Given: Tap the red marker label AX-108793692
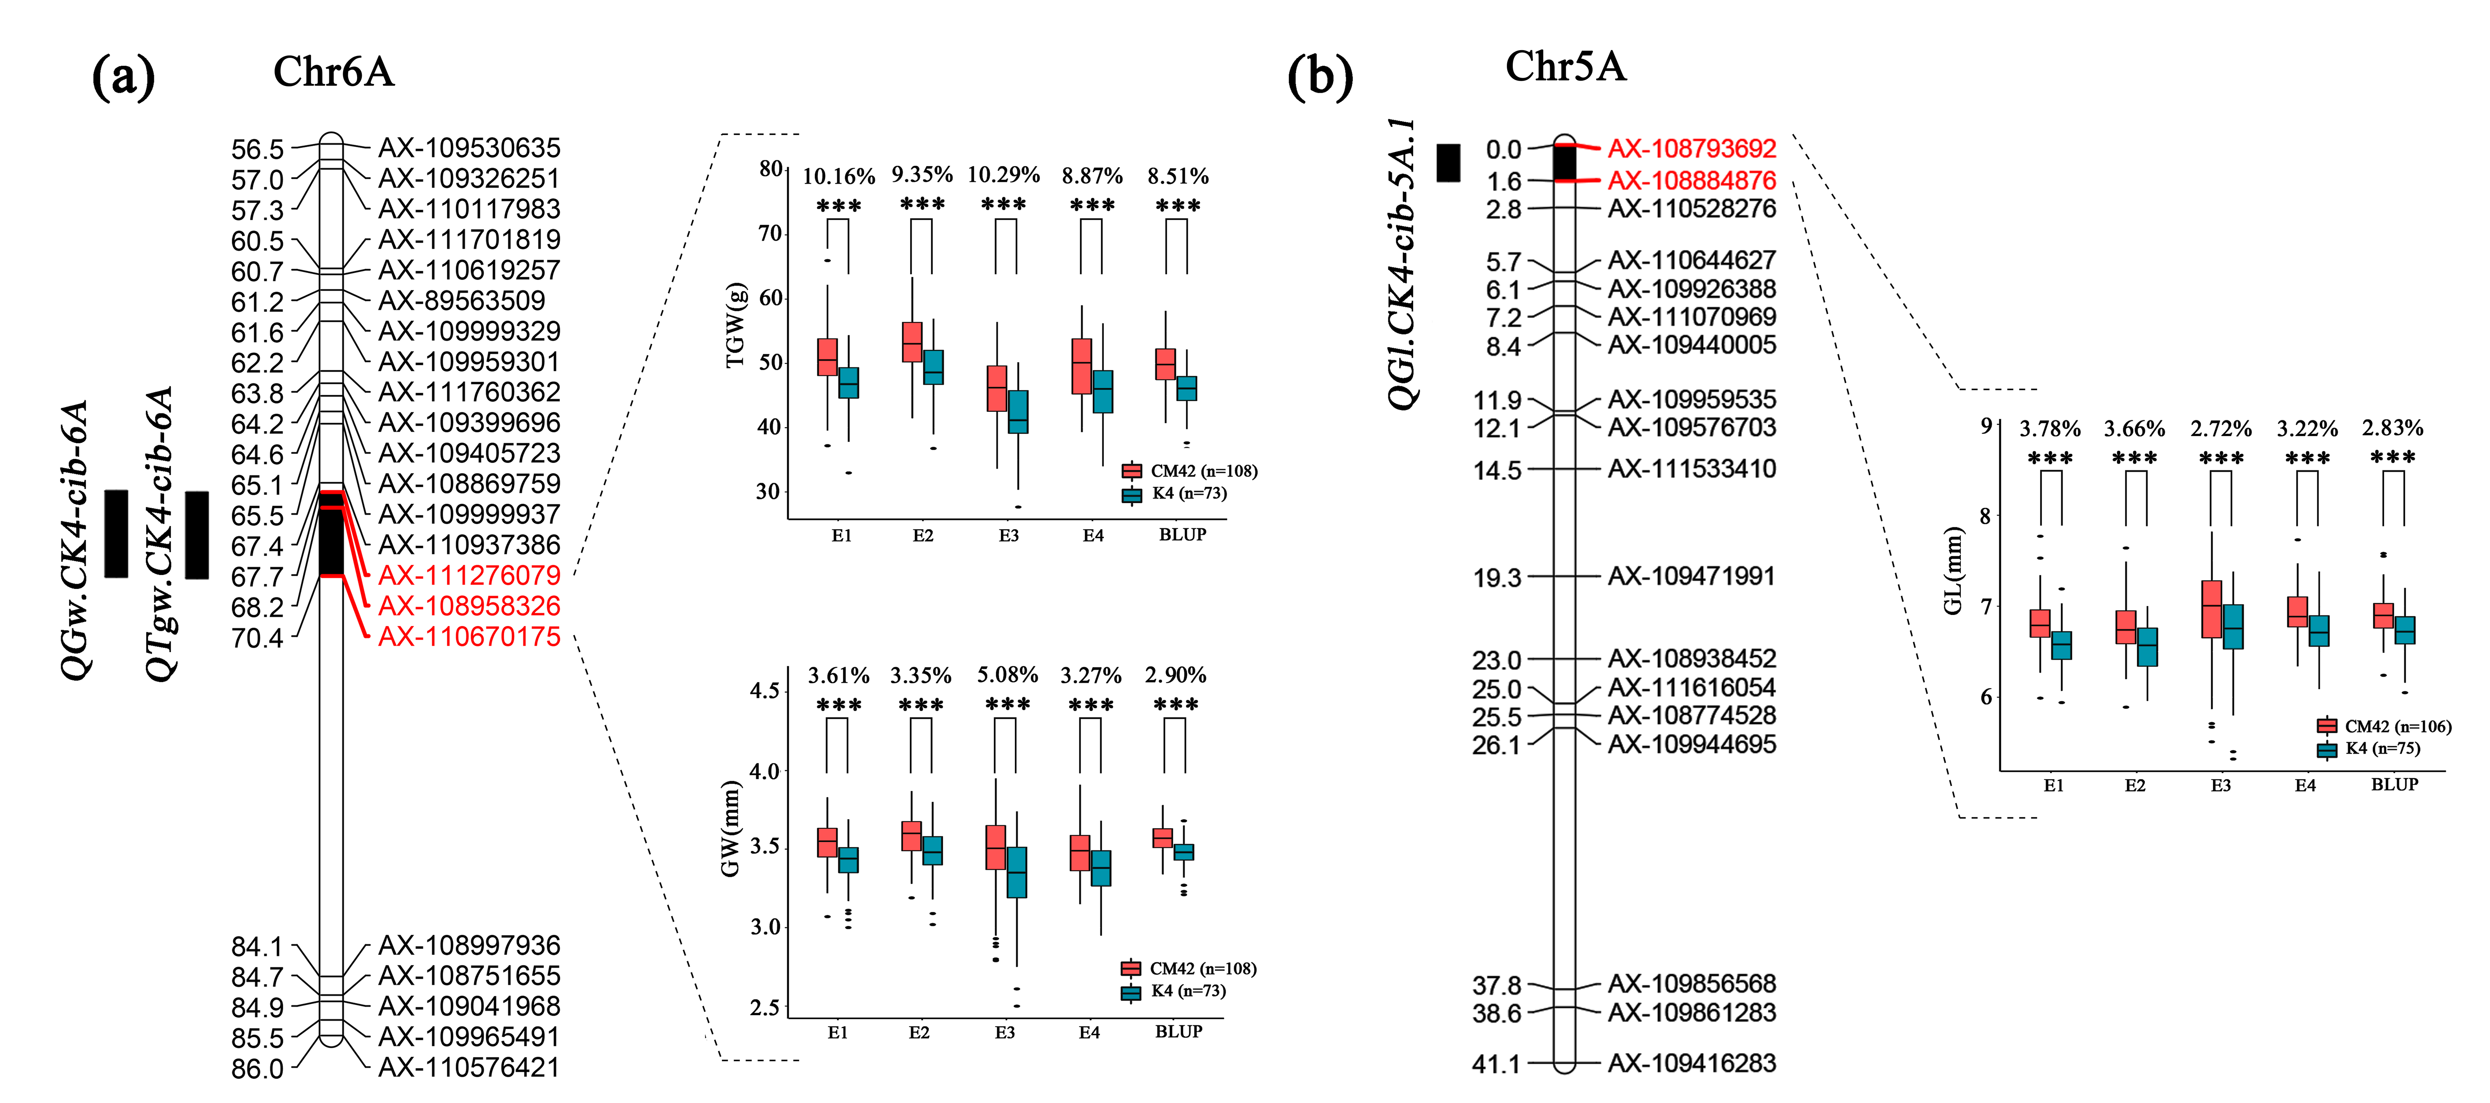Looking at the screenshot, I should tap(1691, 149).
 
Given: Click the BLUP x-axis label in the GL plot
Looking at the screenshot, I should tap(2394, 785).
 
